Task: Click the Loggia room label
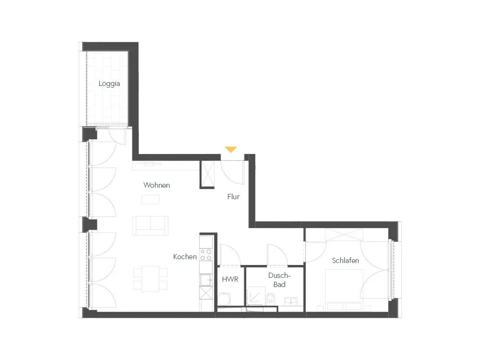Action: [109, 84]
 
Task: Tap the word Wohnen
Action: [156, 185]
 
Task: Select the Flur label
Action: [233, 196]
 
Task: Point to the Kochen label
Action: [185, 256]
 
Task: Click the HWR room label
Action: [230, 279]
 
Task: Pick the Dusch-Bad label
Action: [279, 280]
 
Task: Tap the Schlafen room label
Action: [345, 261]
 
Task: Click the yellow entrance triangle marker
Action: [230, 149]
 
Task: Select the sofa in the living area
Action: [150, 226]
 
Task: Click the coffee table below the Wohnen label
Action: [150, 199]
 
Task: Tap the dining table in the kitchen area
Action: [150, 278]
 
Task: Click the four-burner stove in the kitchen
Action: [206, 255]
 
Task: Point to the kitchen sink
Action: [206, 280]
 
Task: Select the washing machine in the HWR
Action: [224, 299]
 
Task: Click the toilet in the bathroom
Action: [271, 299]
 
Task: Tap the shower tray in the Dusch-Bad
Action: [256, 296]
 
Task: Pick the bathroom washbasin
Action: [290, 301]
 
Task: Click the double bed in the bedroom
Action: [344, 290]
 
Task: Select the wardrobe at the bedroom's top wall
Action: [344, 235]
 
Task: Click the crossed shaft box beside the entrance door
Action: [208, 174]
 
